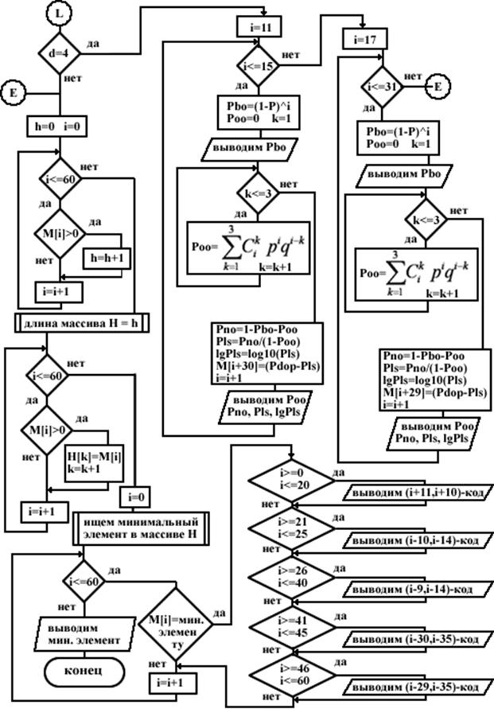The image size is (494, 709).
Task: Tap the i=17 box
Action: click(x=364, y=38)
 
